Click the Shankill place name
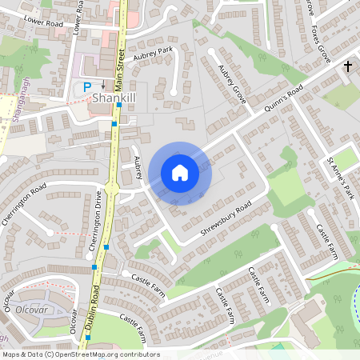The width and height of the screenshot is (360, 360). [116, 98]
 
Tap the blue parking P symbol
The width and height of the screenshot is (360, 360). [87, 86]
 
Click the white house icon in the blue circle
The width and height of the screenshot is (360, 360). [180, 172]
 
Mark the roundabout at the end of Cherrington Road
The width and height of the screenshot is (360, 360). [112, 190]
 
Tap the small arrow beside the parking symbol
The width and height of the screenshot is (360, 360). [102, 87]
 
